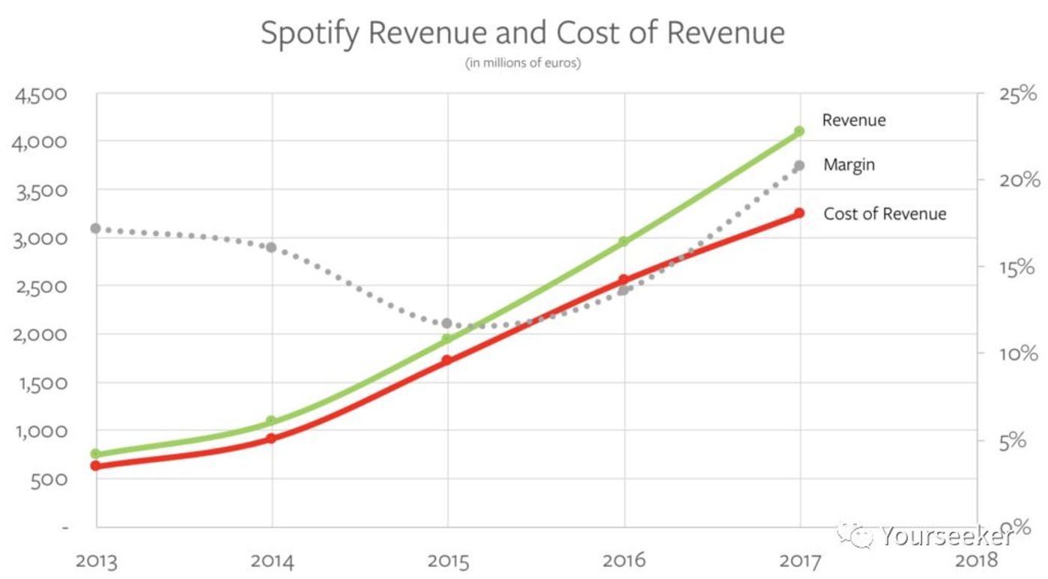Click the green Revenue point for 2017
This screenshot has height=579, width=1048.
click(x=799, y=131)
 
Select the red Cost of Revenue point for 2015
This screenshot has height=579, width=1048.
click(x=447, y=360)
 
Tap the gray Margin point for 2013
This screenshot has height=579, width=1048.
click(x=95, y=228)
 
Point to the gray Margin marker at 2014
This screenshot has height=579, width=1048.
click(x=271, y=247)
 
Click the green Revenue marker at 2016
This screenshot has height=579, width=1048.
click(x=623, y=241)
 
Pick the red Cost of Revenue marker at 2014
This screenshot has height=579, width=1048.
click(x=271, y=438)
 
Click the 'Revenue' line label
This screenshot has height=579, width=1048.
click(x=853, y=120)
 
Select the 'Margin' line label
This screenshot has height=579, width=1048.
click(x=849, y=164)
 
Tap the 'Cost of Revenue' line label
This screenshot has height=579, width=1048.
click(x=885, y=213)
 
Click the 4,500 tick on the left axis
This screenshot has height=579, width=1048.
click(x=40, y=94)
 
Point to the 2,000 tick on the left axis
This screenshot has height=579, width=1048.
click(x=40, y=335)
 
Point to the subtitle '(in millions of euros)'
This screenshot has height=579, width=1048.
click(x=523, y=63)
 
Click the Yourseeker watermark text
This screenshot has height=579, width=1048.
click(x=947, y=536)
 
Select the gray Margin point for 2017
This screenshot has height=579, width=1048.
click(x=799, y=165)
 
